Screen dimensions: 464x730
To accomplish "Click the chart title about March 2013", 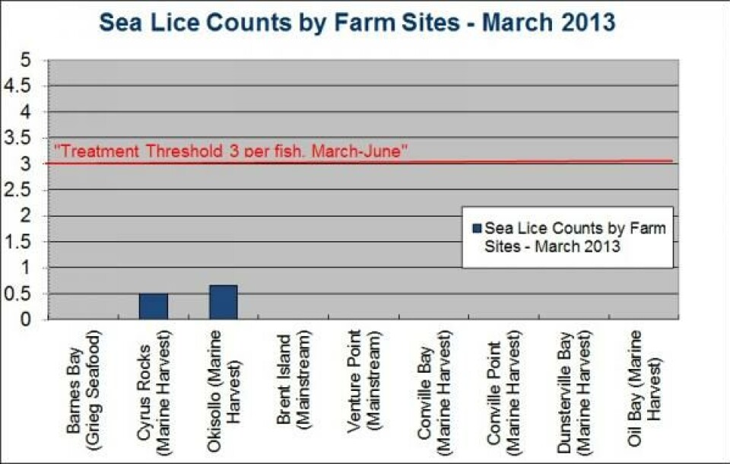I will pyautogui.click(x=357, y=23).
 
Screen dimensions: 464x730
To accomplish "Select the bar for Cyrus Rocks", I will pyautogui.click(x=153, y=307).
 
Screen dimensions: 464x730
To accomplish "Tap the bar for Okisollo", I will pyautogui.click(x=223, y=302).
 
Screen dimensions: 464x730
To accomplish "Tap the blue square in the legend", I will pyautogui.click(x=476, y=227).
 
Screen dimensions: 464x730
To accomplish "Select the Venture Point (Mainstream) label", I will pyautogui.click(x=363, y=380).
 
